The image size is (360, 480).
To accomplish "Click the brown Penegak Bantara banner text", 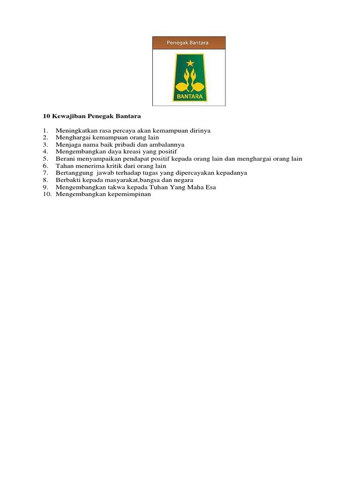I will click(188, 43).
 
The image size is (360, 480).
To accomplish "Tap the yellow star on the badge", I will click(190, 63).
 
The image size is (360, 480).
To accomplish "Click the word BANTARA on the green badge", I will click(188, 97).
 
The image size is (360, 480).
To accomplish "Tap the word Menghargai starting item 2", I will click(71, 137).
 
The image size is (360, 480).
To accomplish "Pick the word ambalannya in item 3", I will click(167, 144).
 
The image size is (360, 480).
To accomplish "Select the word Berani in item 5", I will click(65, 158).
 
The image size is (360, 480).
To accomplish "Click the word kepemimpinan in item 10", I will click(130, 194).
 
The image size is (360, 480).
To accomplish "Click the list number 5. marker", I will click(45, 158).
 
